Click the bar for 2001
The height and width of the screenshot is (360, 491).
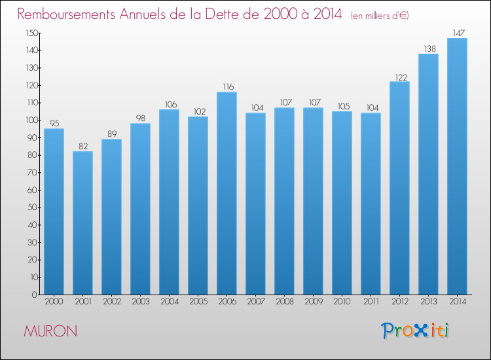click(x=82, y=223)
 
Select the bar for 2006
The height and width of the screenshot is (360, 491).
click(x=227, y=193)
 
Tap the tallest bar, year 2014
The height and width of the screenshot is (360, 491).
click(x=457, y=166)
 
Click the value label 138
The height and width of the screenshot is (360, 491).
click(x=428, y=48)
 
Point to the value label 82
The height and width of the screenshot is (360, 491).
click(x=82, y=146)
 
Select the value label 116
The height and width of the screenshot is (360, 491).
click(x=227, y=86)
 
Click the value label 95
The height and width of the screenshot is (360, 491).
click(x=54, y=123)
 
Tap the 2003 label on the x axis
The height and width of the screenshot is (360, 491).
click(x=140, y=301)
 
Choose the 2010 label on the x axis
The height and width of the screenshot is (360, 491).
click(x=342, y=301)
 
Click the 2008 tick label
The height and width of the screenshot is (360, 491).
click(x=284, y=301)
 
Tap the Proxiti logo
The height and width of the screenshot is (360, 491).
click(x=416, y=331)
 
